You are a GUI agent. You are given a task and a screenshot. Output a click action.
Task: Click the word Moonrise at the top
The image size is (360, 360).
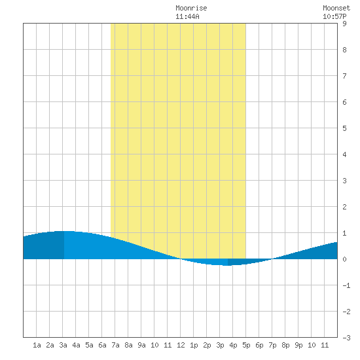click(x=191, y=8)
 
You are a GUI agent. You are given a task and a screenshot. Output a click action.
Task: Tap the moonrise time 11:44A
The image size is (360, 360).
click(x=187, y=16)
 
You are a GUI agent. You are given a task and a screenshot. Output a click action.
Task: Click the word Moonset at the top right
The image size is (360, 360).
click(x=336, y=8)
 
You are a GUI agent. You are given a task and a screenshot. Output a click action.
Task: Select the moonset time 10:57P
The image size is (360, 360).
click(x=334, y=16)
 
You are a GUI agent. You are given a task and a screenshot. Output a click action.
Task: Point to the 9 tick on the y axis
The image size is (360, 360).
click(x=344, y=24)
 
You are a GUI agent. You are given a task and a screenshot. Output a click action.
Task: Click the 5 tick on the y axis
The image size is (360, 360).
click(x=344, y=128)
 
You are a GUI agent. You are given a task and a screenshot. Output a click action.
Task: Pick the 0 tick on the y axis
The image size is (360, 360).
click(x=344, y=259)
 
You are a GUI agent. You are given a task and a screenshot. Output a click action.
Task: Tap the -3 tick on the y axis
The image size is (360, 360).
click(x=346, y=338)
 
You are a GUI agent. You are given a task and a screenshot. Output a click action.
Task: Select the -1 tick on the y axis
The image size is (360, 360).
click(x=346, y=285)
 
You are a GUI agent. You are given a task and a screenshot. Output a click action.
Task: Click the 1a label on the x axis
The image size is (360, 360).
click(x=37, y=345)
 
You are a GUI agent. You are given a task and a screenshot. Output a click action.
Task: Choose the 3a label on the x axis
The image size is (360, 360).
click(x=63, y=345)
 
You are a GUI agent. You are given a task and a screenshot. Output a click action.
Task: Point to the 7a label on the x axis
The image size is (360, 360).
click(x=115, y=345)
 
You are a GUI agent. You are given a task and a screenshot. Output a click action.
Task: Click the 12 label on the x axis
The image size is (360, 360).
click(x=181, y=345)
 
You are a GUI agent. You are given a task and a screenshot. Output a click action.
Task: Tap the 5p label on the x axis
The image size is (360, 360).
click(x=246, y=345)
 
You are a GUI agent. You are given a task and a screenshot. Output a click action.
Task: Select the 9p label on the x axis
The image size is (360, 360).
click(x=298, y=345)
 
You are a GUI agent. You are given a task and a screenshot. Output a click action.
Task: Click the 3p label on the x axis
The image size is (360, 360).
click(x=220, y=345)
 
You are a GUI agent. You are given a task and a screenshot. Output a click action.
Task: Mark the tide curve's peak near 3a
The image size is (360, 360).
click(x=64, y=231)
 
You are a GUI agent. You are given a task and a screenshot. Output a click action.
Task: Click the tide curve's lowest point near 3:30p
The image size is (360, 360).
click(x=227, y=265)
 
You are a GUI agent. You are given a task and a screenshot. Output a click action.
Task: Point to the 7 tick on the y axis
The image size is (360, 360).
click(x=344, y=76)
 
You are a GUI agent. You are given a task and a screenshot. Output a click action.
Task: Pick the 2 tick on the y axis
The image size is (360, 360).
click(x=344, y=207)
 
